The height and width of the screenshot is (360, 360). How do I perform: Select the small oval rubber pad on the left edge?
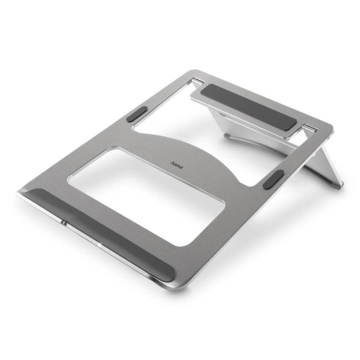(x=136, y=114)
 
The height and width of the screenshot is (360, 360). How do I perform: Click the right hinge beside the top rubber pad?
(x=308, y=127)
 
